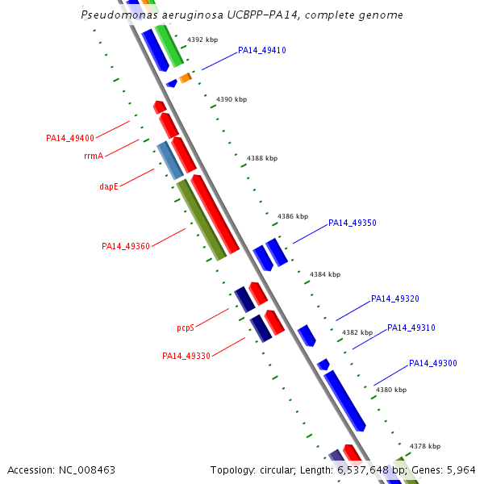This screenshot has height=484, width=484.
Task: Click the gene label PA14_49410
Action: pyautogui.click(x=261, y=50)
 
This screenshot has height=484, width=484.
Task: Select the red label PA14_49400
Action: pyautogui.click(x=70, y=138)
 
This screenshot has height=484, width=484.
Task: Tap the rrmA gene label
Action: pyautogui.click(x=94, y=156)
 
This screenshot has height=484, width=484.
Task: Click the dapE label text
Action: pyautogui.click(x=109, y=186)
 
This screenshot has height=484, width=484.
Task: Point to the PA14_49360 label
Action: pyautogui.click(x=125, y=246)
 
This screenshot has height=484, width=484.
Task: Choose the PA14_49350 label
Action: pyautogui.click(x=352, y=223)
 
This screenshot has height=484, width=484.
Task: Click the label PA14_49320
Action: pyautogui.click(x=394, y=298)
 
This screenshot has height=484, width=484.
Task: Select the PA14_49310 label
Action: pyautogui.click(x=411, y=328)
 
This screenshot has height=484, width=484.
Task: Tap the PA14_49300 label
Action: pyautogui.click(x=432, y=363)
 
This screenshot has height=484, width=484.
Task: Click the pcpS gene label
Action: pyautogui.click(x=186, y=328)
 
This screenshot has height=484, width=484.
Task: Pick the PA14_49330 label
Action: pyautogui.click(x=186, y=356)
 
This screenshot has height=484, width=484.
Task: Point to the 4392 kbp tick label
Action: pyautogui.click(x=202, y=40)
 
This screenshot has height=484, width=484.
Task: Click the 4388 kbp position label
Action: pyautogui.click(x=262, y=159)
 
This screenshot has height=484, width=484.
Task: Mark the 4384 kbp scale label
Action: pyautogui.click(x=325, y=275)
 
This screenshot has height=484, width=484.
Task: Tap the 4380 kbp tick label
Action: pyautogui.click(x=391, y=390)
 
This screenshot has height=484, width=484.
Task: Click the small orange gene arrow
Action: pyautogui.click(x=185, y=77)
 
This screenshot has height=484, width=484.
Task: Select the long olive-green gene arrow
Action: pyautogui.click(x=201, y=219)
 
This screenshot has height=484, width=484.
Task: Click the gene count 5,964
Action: pyautogui.click(x=460, y=469)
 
